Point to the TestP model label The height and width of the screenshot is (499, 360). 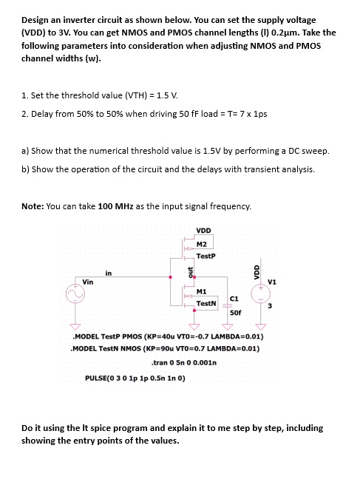point(206,257)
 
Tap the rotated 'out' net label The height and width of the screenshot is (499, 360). point(189,273)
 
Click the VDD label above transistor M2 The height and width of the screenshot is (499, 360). point(205,229)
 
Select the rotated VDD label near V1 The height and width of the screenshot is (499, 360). point(257,271)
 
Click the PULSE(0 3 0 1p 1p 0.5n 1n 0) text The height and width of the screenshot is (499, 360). point(135,378)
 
